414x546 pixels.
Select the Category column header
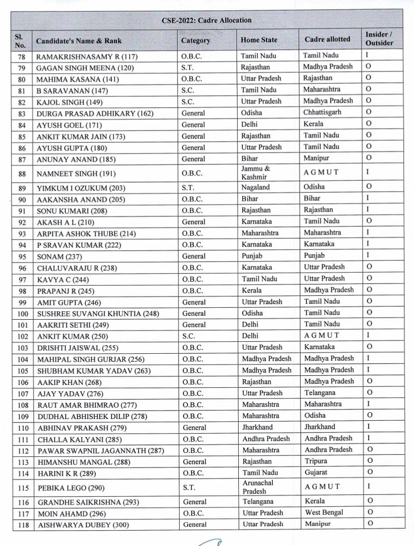[x=196, y=40]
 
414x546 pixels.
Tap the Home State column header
[x=259, y=40]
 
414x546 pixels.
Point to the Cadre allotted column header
[x=327, y=39]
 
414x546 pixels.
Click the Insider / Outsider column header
[x=379, y=39]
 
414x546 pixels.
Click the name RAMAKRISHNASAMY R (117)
[x=87, y=57]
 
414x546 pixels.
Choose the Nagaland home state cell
[x=256, y=187]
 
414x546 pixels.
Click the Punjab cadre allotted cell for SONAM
[x=315, y=255]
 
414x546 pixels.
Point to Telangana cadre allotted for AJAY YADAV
[x=319, y=392]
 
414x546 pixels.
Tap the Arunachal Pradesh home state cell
[x=258, y=487]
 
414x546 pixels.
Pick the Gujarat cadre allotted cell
[x=315, y=472]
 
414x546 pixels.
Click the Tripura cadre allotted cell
[x=315, y=461]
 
